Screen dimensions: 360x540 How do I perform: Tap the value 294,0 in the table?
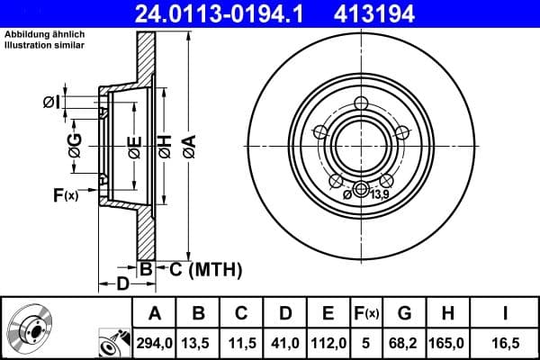tap(155, 343)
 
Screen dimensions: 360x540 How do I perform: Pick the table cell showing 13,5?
tap(198, 343)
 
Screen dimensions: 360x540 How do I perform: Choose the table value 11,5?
tap(241, 343)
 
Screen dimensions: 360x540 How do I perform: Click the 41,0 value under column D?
tap(284, 343)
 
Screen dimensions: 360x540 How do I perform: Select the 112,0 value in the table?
tap(328, 343)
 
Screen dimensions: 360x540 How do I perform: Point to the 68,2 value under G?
tap(404, 343)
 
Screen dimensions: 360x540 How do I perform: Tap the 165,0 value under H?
tap(447, 343)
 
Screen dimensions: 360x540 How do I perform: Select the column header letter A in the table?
tap(155, 313)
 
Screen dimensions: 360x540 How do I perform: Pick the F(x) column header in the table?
tap(366, 313)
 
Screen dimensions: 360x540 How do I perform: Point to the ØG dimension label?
tap(75, 144)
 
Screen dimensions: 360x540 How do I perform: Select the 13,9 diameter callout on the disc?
tap(379, 194)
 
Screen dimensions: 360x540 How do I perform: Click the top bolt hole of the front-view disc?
tap(361, 103)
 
